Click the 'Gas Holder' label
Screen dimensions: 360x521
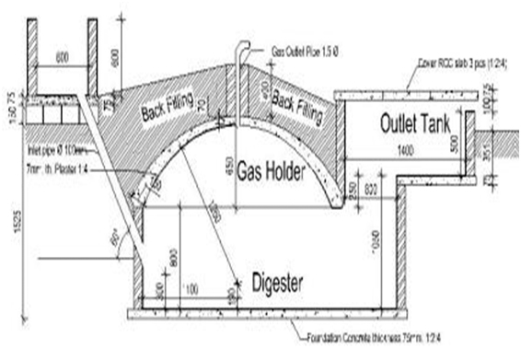click(273, 171)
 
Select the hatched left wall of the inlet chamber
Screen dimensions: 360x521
click(30, 55)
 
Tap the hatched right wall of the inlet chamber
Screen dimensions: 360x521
click(94, 55)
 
